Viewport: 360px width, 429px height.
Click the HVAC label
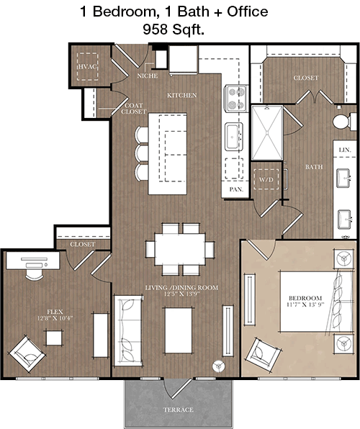click(x=88, y=66)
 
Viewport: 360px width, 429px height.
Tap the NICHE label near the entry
click(x=148, y=76)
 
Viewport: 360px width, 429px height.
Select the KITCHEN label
click(x=182, y=95)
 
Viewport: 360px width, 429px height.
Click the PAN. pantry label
click(x=236, y=189)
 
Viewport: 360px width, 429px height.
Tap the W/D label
click(x=266, y=180)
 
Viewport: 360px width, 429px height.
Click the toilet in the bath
click(x=344, y=121)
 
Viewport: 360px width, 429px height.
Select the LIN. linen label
click(x=345, y=150)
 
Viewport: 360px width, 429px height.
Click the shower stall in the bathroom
click(x=267, y=133)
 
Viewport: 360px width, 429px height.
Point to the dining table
click(x=180, y=249)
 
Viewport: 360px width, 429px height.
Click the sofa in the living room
click(x=128, y=330)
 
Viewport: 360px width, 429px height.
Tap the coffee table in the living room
click(x=179, y=330)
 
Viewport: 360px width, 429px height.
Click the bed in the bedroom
click(x=316, y=301)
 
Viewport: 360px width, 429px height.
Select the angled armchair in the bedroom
click(x=264, y=355)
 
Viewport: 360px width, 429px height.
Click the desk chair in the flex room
click(x=35, y=274)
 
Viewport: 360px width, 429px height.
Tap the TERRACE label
click(x=179, y=410)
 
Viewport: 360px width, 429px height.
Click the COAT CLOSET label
click(x=134, y=109)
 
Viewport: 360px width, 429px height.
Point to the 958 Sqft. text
click(x=174, y=30)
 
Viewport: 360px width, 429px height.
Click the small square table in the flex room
click(x=54, y=338)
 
